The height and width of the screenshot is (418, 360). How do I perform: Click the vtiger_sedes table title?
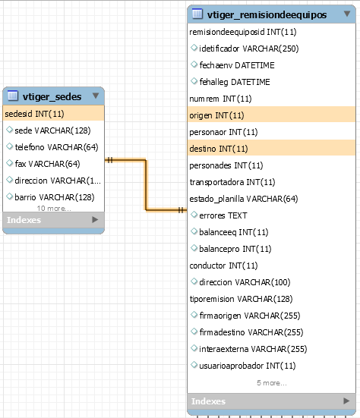tap(52, 96)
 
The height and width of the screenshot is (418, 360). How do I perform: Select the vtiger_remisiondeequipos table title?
tap(267, 14)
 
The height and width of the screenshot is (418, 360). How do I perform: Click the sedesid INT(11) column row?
tap(53, 114)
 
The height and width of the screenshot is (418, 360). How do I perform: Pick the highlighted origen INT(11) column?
tap(271, 115)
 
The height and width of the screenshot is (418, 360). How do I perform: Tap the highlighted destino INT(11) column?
tap(271, 149)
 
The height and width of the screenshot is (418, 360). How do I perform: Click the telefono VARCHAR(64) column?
tap(56, 147)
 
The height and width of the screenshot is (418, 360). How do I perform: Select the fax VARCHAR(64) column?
tap(47, 164)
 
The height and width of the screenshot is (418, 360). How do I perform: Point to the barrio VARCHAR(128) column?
tap(55, 197)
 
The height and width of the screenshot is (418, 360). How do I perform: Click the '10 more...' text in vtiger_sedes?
tap(54, 208)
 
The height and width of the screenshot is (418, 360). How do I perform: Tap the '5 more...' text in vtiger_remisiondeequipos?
tap(272, 383)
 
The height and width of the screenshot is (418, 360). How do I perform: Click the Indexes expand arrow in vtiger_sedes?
tap(95, 220)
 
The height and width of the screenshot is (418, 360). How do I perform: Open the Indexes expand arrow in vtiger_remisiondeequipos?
tap(346, 401)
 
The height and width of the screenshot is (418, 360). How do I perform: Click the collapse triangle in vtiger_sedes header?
tap(96, 96)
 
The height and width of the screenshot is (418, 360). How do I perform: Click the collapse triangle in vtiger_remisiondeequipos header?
tap(347, 14)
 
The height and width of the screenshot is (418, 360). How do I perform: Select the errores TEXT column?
tap(223, 215)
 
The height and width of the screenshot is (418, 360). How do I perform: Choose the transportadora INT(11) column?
tap(232, 182)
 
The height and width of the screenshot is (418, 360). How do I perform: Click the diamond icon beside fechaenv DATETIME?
tap(194, 64)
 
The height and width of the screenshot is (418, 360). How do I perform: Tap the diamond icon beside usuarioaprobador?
tap(194, 365)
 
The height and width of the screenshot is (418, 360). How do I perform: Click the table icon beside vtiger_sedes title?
tap(13, 96)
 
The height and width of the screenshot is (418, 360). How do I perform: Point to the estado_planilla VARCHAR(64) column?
tap(244, 199)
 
